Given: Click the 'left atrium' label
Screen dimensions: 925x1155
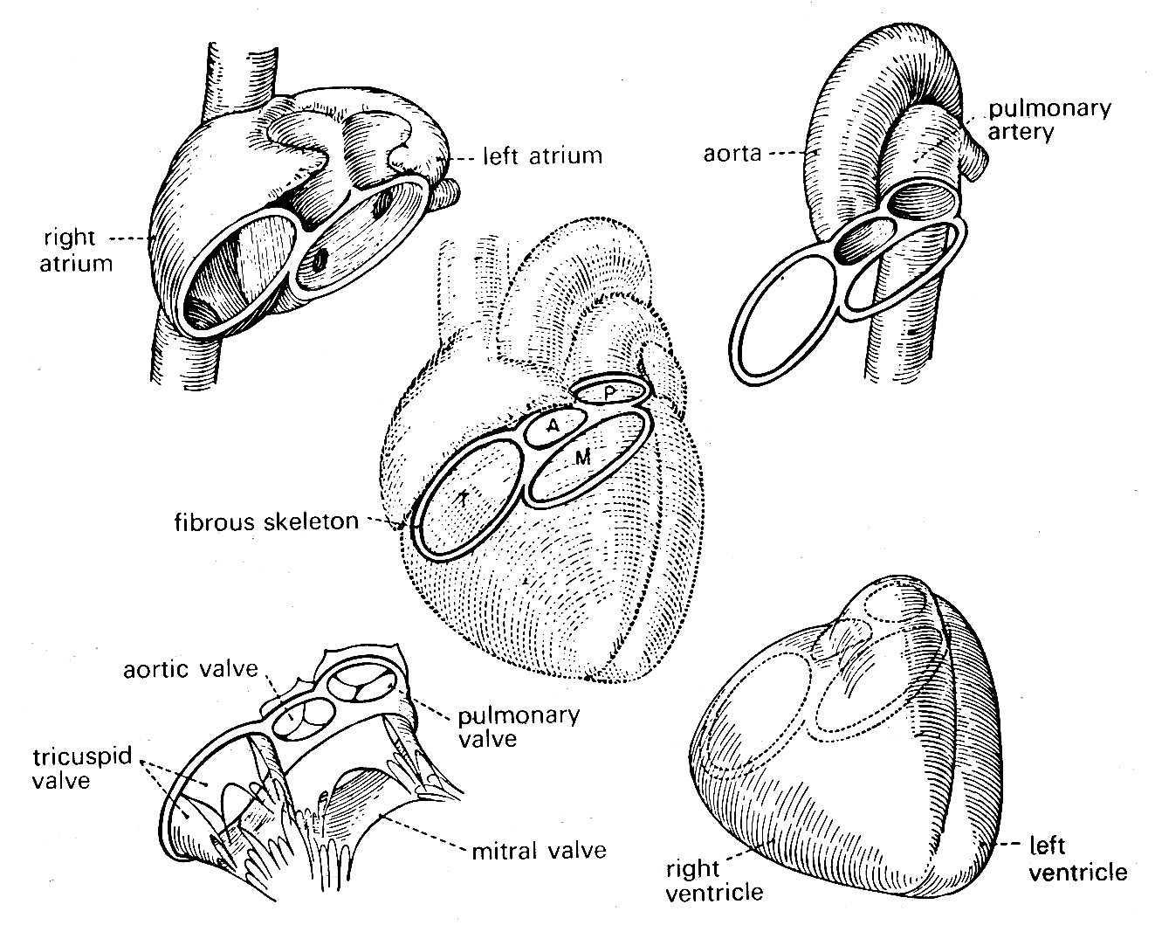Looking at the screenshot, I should tap(542, 157).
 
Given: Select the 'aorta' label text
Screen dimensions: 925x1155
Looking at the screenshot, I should tap(732, 154).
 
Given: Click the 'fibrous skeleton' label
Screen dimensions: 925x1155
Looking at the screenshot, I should tap(265, 522).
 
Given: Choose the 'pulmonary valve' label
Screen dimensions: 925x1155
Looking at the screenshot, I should tap(519, 726).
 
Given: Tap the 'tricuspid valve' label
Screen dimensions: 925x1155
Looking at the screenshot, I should tap(72, 767).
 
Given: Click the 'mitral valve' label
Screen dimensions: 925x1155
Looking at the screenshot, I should tap(539, 848).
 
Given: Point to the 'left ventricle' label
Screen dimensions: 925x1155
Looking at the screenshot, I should tap(1079, 859).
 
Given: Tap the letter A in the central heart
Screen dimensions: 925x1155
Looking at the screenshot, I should tap(553, 425).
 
